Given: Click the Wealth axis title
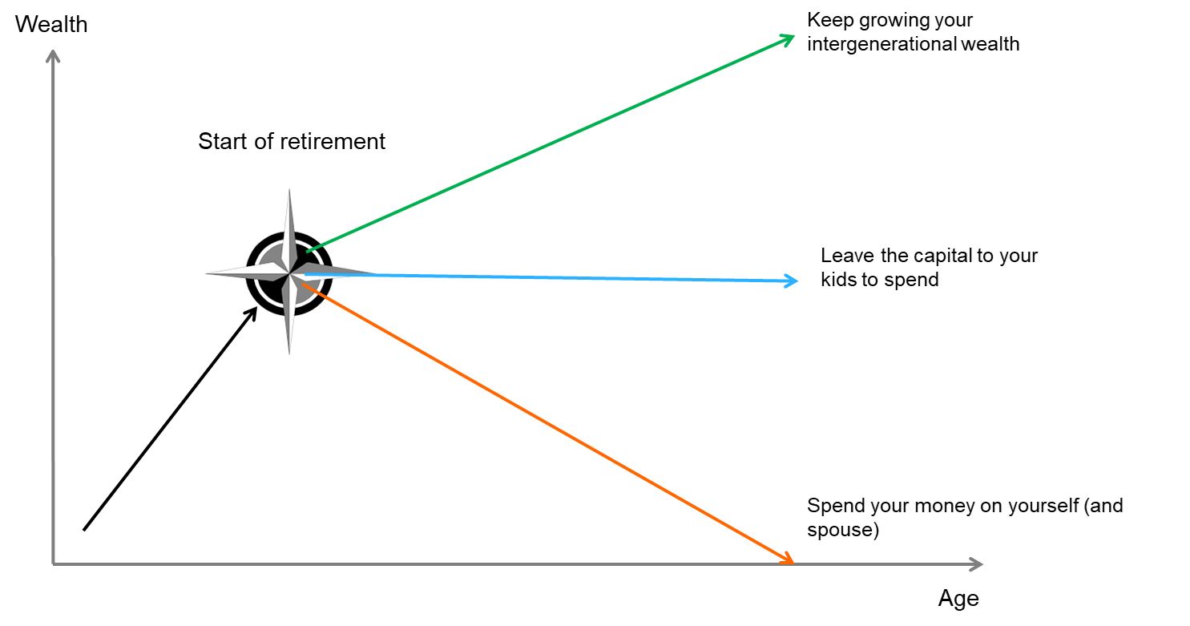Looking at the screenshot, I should [51, 24].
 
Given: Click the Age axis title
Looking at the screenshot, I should [958, 599].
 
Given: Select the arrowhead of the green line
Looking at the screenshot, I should [789, 38].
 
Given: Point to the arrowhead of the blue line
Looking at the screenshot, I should [793, 281].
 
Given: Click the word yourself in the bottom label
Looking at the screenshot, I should [1039, 507].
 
